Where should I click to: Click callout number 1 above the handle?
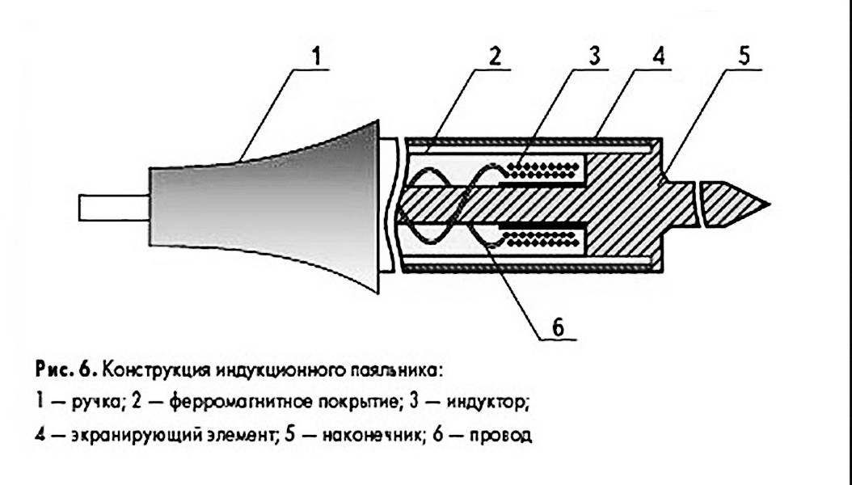pos(317,57)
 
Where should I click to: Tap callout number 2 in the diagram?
pos(495,57)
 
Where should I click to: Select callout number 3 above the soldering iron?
pos(594,57)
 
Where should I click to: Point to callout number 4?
pos(659,57)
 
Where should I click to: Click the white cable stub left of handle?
pos(113,208)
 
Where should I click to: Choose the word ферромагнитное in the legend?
pos(231,403)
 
